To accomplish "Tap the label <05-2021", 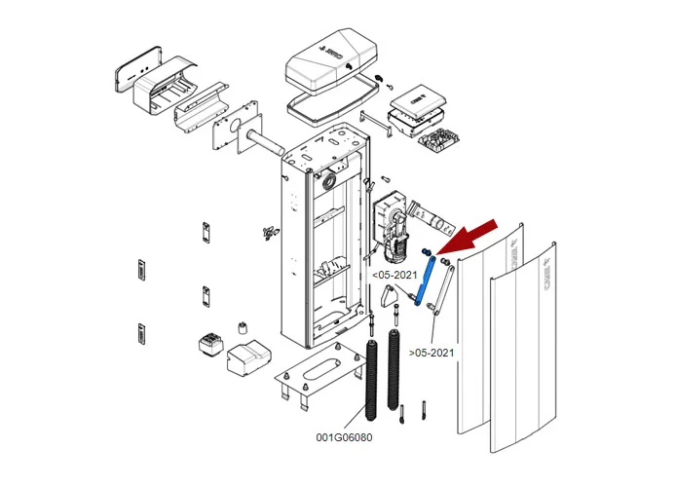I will (394, 275).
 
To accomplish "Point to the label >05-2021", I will (431, 351).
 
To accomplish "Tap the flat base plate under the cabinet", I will (316, 376).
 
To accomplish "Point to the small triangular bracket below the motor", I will (391, 307).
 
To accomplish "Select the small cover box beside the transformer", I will (248, 357).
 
